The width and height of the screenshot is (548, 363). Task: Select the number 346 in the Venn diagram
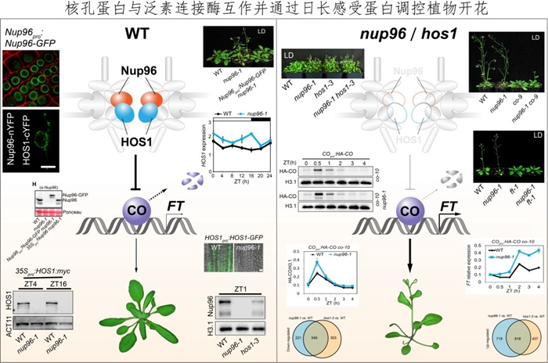(x=317, y=334)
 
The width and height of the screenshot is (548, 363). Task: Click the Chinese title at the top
(x=274, y=10)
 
